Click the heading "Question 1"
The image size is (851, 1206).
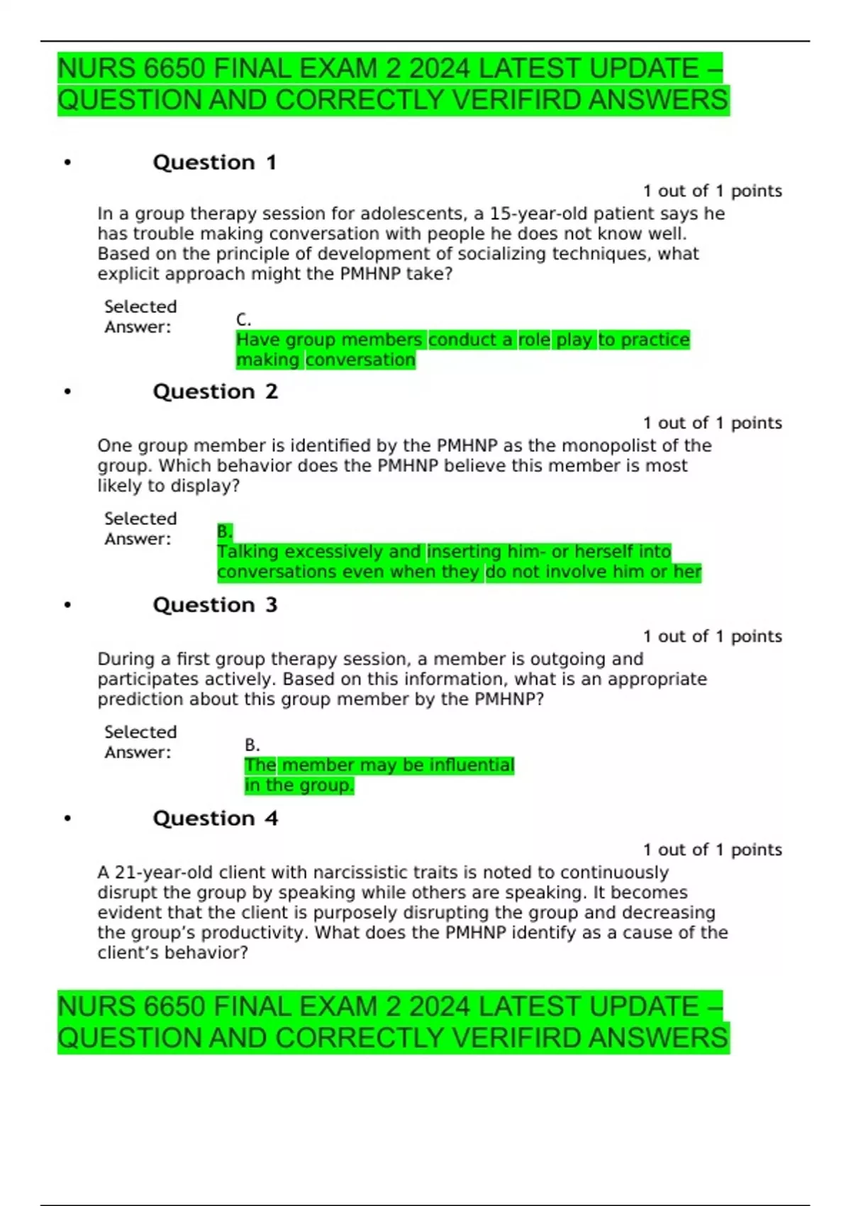(214, 162)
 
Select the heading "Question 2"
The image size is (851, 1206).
(215, 392)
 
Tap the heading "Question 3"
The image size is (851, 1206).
(215, 605)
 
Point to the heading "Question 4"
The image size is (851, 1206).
(215, 819)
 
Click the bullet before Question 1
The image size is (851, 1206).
(67, 163)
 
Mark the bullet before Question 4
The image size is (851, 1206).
(67, 819)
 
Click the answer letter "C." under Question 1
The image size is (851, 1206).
(243, 320)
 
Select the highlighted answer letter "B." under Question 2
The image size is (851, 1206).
(225, 531)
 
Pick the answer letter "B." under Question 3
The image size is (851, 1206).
(252, 745)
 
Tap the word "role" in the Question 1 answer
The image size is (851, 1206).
(534, 340)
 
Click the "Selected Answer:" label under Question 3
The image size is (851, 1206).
(140, 742)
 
